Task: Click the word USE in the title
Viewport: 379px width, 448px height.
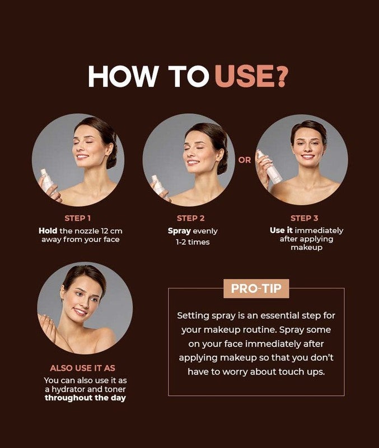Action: point(245,76)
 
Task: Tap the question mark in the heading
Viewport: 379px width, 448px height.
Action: point(282,76)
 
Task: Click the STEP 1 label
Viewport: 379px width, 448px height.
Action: point(78,218)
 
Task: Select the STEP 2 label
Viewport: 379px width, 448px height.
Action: point(190,218)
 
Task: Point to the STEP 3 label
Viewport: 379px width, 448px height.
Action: point(304,218)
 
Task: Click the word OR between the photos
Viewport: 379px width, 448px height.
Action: point(245,160)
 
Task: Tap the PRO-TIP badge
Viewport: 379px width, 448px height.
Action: point(256,288)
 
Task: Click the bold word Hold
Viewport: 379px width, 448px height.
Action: point(48,231)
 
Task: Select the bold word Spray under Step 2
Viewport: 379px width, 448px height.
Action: point(179,231)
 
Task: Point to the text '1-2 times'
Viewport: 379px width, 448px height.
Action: point(193,242)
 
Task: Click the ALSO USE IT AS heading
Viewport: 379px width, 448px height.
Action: point(82,368)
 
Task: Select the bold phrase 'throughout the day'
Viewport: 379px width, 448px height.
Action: point(86,398)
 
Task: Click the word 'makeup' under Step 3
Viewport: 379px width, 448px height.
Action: point(306,248)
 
